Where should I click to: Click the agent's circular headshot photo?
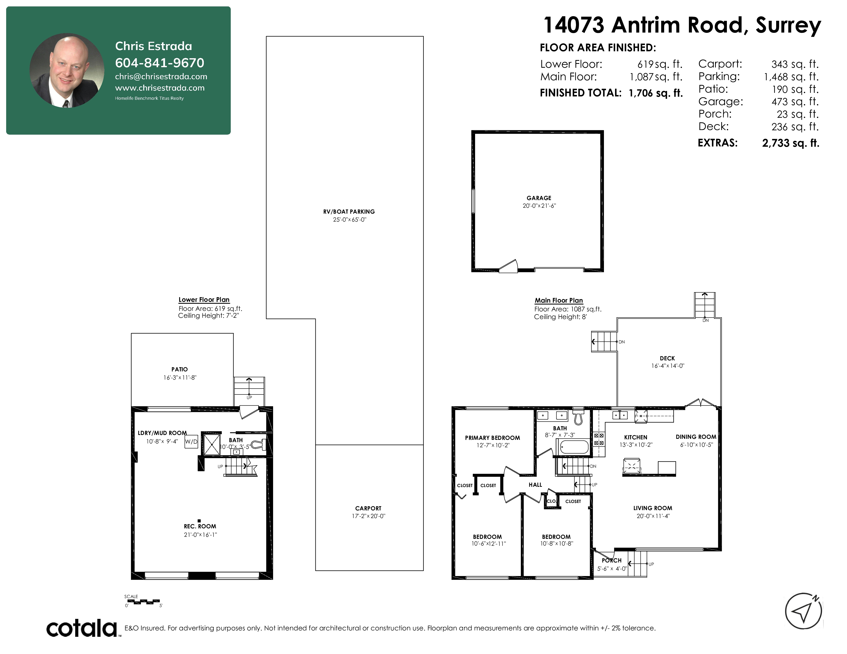coord(67,70)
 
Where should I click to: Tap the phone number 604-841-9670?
coord(159,63)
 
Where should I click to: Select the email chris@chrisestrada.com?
coord(161,76)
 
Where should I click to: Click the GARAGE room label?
coord(539,198)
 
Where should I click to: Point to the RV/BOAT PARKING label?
coord(349,212)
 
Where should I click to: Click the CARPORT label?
coord(368,508)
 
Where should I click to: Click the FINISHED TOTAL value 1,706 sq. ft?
coord(656,93)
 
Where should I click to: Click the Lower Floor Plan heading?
coord(204,300)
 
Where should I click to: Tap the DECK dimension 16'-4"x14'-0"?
coord(667,366)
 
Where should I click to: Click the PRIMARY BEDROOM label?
coord(493,438)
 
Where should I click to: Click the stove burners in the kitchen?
coord(599,439)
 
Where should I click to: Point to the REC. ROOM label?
coord(200,526)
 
